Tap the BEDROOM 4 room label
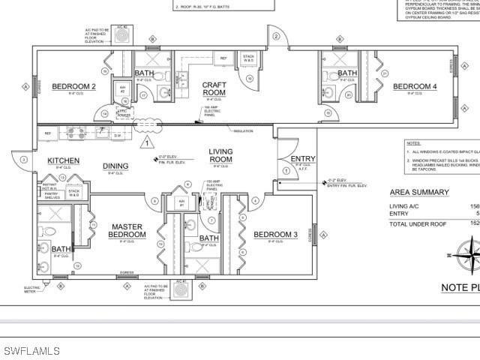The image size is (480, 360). click(x=415, y=87)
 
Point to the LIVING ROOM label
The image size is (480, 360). click(x=220, y=156)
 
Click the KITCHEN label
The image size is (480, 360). click(x=64, y=160)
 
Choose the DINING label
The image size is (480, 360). click(x=115, y=167)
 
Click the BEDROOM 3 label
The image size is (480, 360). click(x=275, y=235)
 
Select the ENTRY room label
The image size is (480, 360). click(x=303, y=158)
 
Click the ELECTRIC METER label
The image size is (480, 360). click(x=34, y=289)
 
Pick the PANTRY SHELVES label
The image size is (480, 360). click(x=52, y=197)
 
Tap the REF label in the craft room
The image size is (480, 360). click(x=223, y=58)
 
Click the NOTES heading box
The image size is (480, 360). click(x=414, y=142)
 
